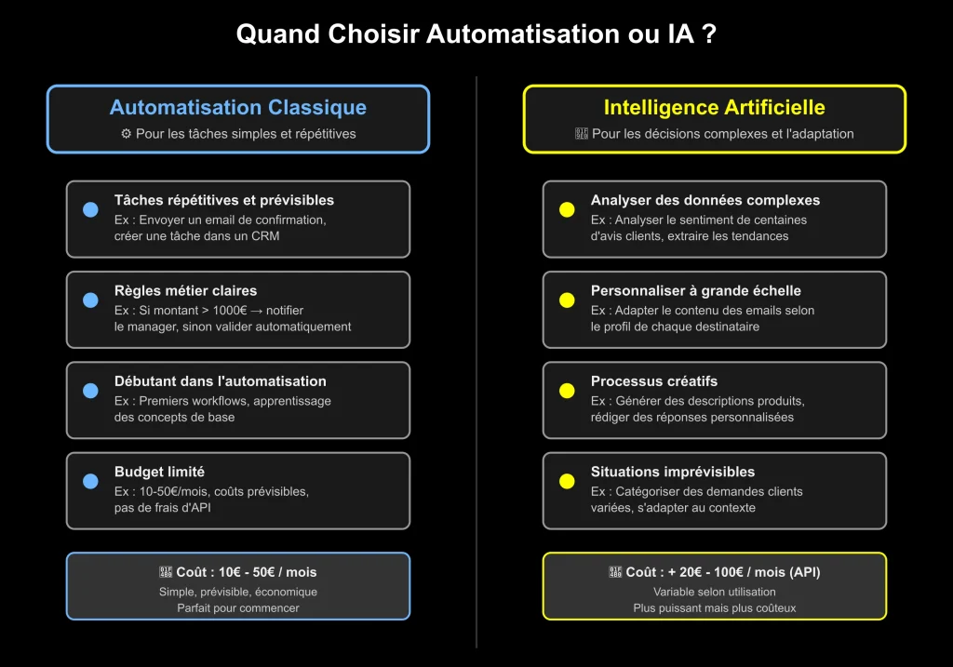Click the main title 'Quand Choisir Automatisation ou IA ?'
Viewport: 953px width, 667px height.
pos(476,34)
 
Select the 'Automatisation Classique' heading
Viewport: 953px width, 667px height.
pos(237,108)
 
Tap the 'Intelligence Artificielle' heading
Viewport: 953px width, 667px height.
pos(714,108)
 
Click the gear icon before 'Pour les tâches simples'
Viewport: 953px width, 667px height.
pos(127,134)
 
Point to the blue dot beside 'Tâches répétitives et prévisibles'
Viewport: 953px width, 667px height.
pos(90,210)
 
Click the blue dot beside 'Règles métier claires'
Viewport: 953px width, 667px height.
pos(90,300)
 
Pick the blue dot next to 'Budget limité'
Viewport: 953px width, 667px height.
pos(90,481)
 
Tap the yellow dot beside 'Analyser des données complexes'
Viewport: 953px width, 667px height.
pos(567,210)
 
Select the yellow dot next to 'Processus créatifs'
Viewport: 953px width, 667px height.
pos(567,391)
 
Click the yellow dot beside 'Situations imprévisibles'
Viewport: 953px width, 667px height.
pos(567,481)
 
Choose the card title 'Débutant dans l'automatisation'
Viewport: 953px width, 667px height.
pos(220,381)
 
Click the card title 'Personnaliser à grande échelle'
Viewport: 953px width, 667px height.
pos(695,291)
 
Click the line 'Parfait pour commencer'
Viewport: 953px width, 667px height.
pos(237,608)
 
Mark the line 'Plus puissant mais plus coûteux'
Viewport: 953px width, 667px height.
pos(714,608)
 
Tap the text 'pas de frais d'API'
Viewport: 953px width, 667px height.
pos(162,508)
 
